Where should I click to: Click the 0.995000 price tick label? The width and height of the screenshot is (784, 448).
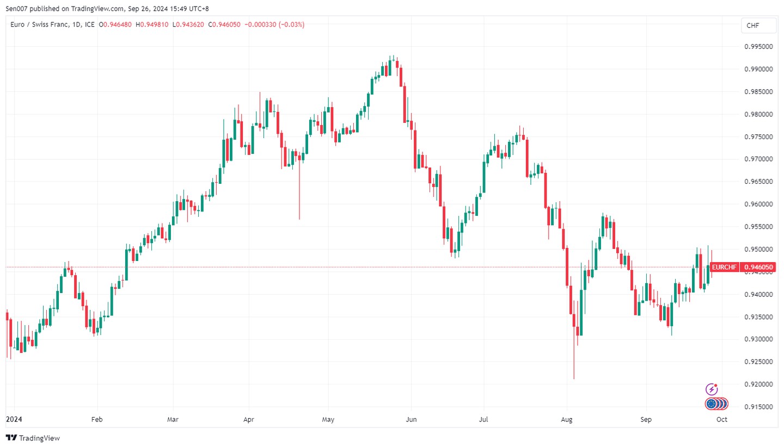coord(758,47)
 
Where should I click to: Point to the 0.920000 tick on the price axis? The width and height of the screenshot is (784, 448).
coord(758,384)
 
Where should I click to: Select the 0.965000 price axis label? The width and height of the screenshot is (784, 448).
coord(758,182)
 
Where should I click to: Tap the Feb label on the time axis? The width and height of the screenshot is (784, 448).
coord(97,420)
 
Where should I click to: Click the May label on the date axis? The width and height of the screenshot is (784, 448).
coord(328,420)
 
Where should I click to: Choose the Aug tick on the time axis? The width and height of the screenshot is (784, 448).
coord(567,420)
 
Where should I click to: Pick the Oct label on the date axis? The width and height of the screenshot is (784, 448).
coord(722,420)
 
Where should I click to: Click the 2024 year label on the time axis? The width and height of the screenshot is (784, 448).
coord(14,420)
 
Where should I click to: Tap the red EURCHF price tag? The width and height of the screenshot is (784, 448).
coord(725,267)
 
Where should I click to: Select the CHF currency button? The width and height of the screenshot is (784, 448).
coord(753,26)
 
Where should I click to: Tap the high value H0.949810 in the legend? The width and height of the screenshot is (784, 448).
coord(152,24)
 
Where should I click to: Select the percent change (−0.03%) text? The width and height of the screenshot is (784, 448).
coord(291,24)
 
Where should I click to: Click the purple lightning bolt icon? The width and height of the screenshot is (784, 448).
coord(712,389)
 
